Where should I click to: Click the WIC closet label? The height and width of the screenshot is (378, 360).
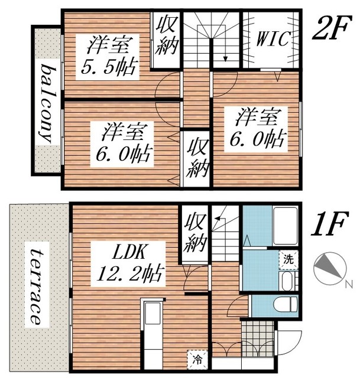coord(273,38)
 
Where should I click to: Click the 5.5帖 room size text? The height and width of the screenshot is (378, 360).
coord(109,66)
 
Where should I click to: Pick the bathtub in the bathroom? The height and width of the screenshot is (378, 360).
coord(285,226)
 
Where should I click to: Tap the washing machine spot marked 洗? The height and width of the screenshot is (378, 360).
coord(288,259)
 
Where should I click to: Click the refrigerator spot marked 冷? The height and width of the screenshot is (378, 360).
coord(198,360)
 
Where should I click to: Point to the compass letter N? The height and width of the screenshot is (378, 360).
coord(349,285)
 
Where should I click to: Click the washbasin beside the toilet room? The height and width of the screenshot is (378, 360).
coord(287,281)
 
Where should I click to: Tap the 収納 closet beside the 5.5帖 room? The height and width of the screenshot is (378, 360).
coord(167,35)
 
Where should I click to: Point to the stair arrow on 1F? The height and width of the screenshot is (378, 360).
coord(219,218)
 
